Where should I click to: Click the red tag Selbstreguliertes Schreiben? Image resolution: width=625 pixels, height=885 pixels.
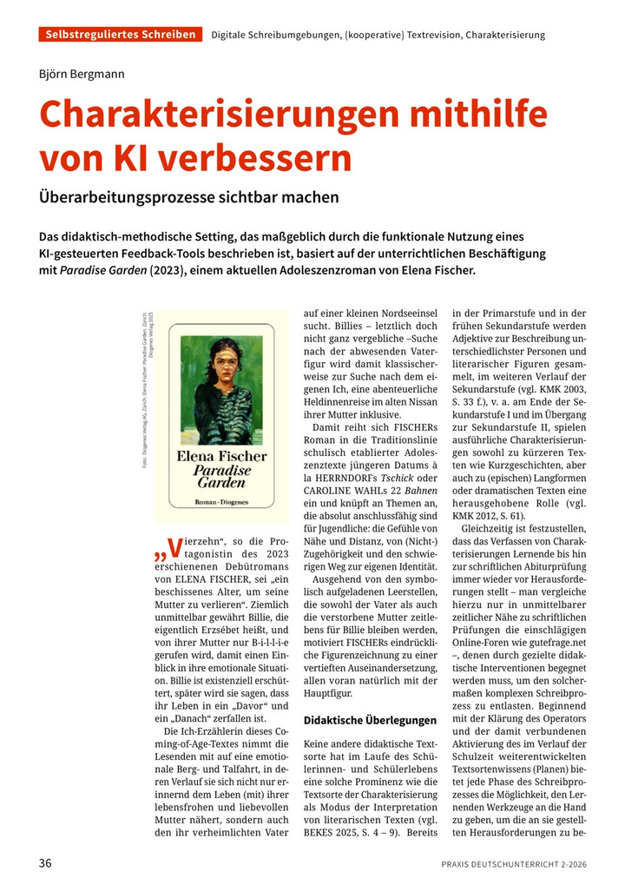120,35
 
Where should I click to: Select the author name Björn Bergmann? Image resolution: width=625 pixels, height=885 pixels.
82,74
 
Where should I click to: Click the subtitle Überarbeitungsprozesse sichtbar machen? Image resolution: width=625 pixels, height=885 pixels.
188,197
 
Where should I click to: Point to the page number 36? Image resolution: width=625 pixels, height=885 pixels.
46,863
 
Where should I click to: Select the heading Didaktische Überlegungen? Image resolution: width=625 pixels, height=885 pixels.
370,720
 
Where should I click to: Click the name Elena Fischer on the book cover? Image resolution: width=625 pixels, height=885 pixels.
221,454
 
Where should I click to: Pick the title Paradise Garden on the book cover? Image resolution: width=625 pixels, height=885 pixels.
221,477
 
